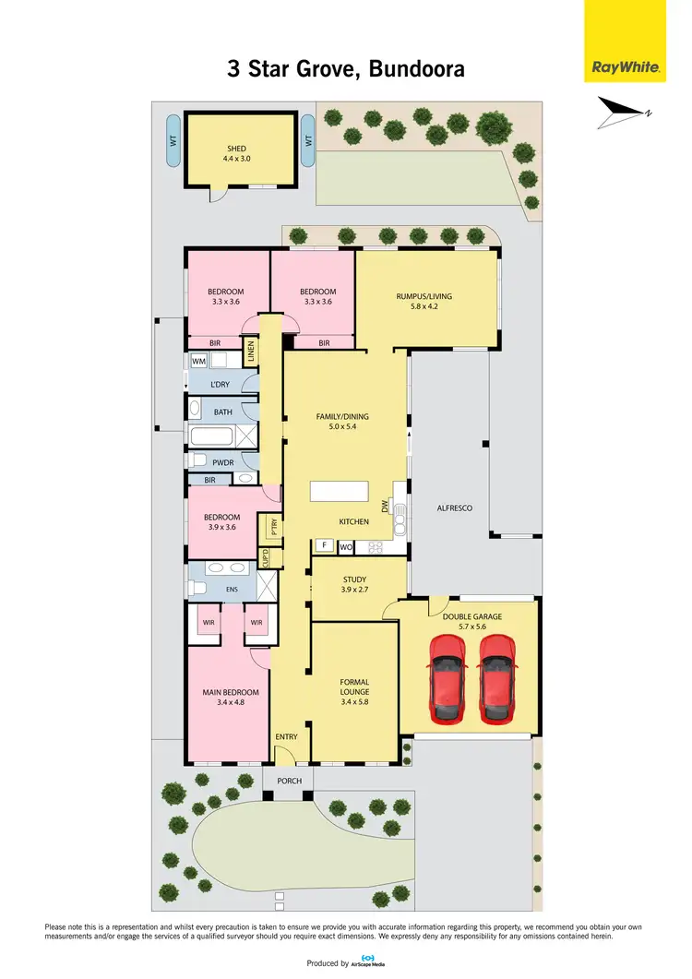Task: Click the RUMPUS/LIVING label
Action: [424, 296]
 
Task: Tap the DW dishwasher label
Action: [386, 507]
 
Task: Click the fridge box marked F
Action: [324, 546]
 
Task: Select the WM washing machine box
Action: [198, 361]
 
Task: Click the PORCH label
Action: [289, 781]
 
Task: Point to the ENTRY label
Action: [286, 736]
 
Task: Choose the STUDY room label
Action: [355, 582]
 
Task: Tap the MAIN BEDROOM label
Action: [231, 692]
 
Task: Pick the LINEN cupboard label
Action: [250, 352]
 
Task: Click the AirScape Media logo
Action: [370, 961]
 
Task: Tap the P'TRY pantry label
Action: [273, 527]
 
